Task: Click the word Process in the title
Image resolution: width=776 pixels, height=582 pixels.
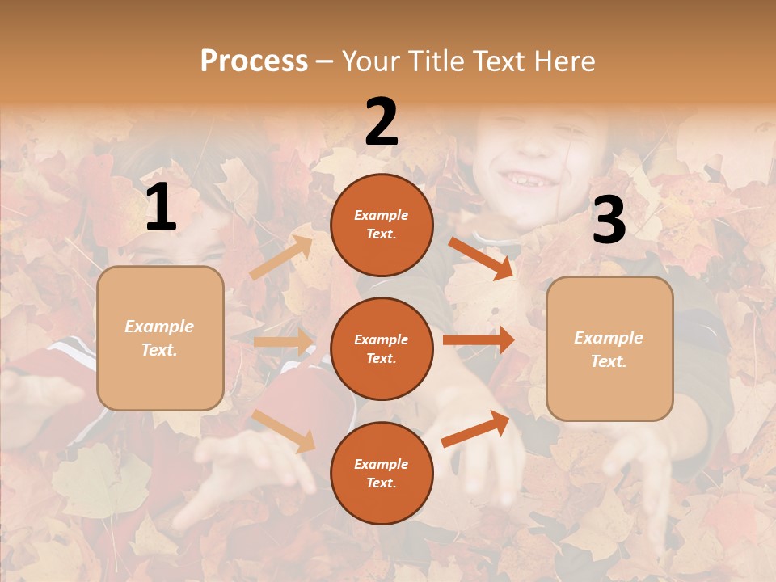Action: click(254, 61)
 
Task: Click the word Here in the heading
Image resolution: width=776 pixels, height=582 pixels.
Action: click(560, 61)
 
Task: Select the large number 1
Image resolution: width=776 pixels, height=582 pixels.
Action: click(161, 208)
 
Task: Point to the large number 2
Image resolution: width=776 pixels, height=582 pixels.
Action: click(382, 122)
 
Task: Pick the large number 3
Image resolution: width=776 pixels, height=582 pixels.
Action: click(609, 220)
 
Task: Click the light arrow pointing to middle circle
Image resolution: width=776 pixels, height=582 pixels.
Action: click(283, 342)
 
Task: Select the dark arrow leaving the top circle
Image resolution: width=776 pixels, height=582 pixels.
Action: click(481, 258)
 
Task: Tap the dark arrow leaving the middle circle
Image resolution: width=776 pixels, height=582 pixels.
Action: click(479, 339)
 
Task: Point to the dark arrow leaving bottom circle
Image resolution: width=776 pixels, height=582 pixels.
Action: click(476, 428)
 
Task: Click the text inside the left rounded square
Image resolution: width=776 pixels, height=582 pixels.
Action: click(159, 338)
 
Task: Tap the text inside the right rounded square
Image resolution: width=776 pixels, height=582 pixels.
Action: click(609, 349)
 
